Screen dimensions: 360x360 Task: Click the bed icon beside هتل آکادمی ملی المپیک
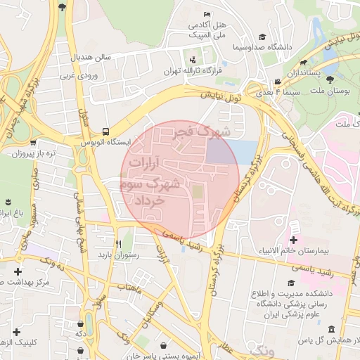click(x=206, y=15)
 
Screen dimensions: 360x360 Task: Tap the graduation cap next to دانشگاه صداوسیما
click(x=262, y=37)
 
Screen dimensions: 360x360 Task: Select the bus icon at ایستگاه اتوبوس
click(x=105, y=131)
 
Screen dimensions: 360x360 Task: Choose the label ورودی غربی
click(x=77, y=74)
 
